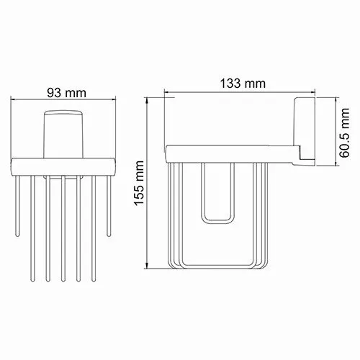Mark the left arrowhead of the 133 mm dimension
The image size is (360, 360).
168,93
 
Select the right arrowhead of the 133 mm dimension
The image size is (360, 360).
315,93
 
